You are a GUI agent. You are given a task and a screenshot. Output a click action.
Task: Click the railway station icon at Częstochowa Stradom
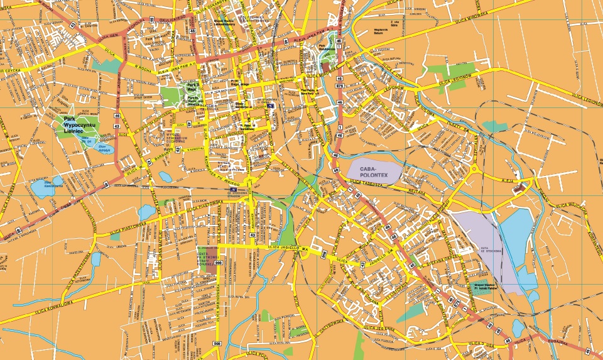tap(232, 189)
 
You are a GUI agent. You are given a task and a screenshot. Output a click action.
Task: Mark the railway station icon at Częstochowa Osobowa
tap(270, 106)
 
